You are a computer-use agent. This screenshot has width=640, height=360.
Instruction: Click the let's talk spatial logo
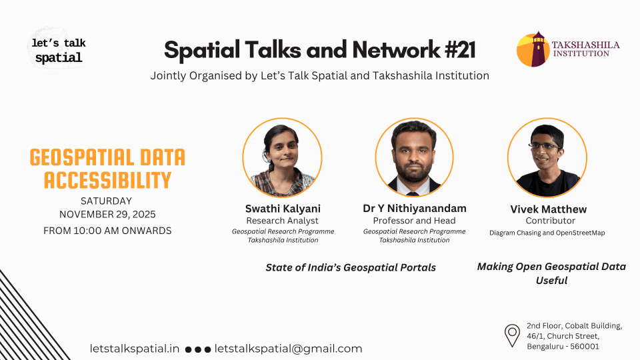point(59,51)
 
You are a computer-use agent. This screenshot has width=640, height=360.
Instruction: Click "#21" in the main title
point(460,50)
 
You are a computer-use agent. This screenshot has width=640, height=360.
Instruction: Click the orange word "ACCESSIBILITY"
point(107,181)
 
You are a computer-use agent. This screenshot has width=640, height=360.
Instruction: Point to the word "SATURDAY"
point(106,201)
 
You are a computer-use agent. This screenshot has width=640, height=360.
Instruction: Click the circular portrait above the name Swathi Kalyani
point(282,157)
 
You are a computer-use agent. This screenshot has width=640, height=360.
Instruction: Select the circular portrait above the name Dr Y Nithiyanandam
point(414,157)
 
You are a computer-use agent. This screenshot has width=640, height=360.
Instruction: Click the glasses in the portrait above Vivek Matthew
point(545,146)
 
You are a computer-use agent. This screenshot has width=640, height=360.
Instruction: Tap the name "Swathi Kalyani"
point(283,209)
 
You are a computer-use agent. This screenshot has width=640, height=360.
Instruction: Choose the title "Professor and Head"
point(414,221)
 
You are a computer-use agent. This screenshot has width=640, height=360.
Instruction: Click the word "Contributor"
point(550,221)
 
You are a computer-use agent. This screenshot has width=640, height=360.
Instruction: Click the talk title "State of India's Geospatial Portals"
point(351,267)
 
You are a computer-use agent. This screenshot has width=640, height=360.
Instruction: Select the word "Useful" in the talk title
point(551,281)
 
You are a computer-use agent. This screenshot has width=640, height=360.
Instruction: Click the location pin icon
point(512,335)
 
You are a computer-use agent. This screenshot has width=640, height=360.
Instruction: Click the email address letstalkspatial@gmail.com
point(288,349)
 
